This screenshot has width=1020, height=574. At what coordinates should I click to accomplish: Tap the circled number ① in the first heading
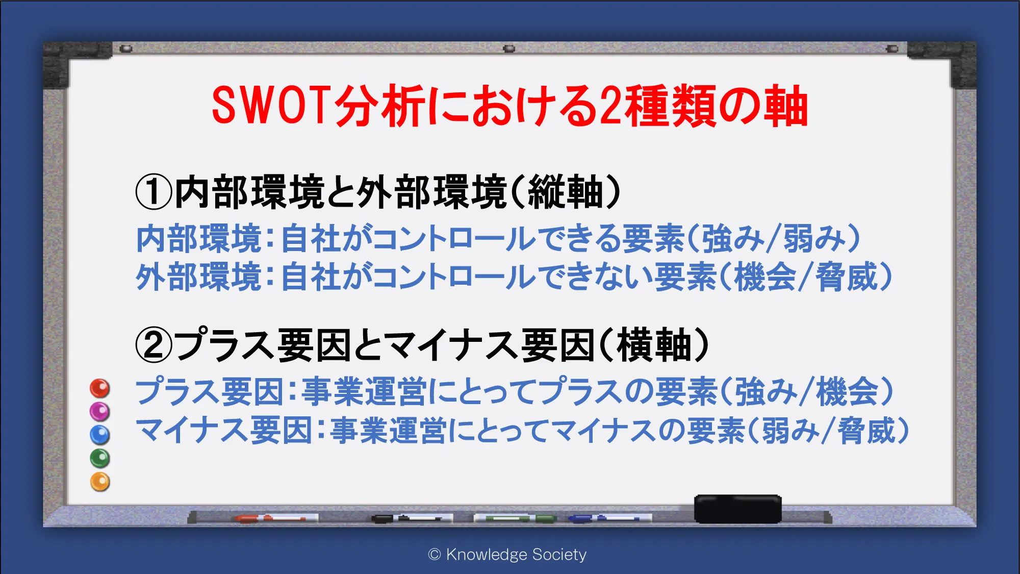(154, 192)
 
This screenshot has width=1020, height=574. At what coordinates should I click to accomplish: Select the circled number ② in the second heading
(154, 345)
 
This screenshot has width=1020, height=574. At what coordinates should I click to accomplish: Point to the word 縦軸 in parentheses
(566, 192)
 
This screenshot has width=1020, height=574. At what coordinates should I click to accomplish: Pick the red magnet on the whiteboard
(100, 388)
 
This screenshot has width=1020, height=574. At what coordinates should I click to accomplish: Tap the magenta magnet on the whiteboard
(100, 411)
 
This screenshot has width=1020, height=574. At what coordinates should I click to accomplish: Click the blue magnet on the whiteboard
(100, 435)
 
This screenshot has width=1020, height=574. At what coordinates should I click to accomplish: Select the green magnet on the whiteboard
(100, 458)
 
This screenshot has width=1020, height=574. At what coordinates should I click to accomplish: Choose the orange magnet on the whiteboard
(100, 482)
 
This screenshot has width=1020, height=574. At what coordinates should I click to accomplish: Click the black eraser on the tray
(738, 509)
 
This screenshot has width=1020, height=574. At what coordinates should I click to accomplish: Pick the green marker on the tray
(515, 518)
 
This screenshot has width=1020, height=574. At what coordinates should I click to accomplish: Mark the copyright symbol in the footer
(435, 555)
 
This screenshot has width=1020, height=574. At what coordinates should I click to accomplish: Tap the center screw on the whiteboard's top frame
(509, 49)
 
